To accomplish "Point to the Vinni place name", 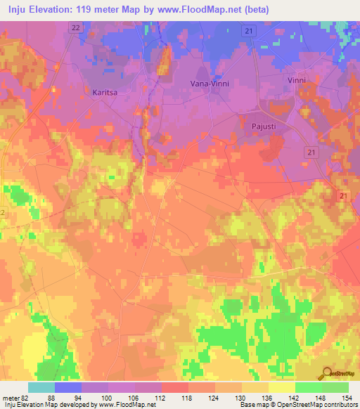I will click(x=297, y=81).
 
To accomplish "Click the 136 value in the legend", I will click(x=269, y=398).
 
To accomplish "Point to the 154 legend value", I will click(x=345, y=398).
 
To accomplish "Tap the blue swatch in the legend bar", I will click(x=68, y=387).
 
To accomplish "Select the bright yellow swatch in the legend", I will click(x=281, y=387).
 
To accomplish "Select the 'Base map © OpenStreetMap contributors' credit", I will click(x=297, y=405).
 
